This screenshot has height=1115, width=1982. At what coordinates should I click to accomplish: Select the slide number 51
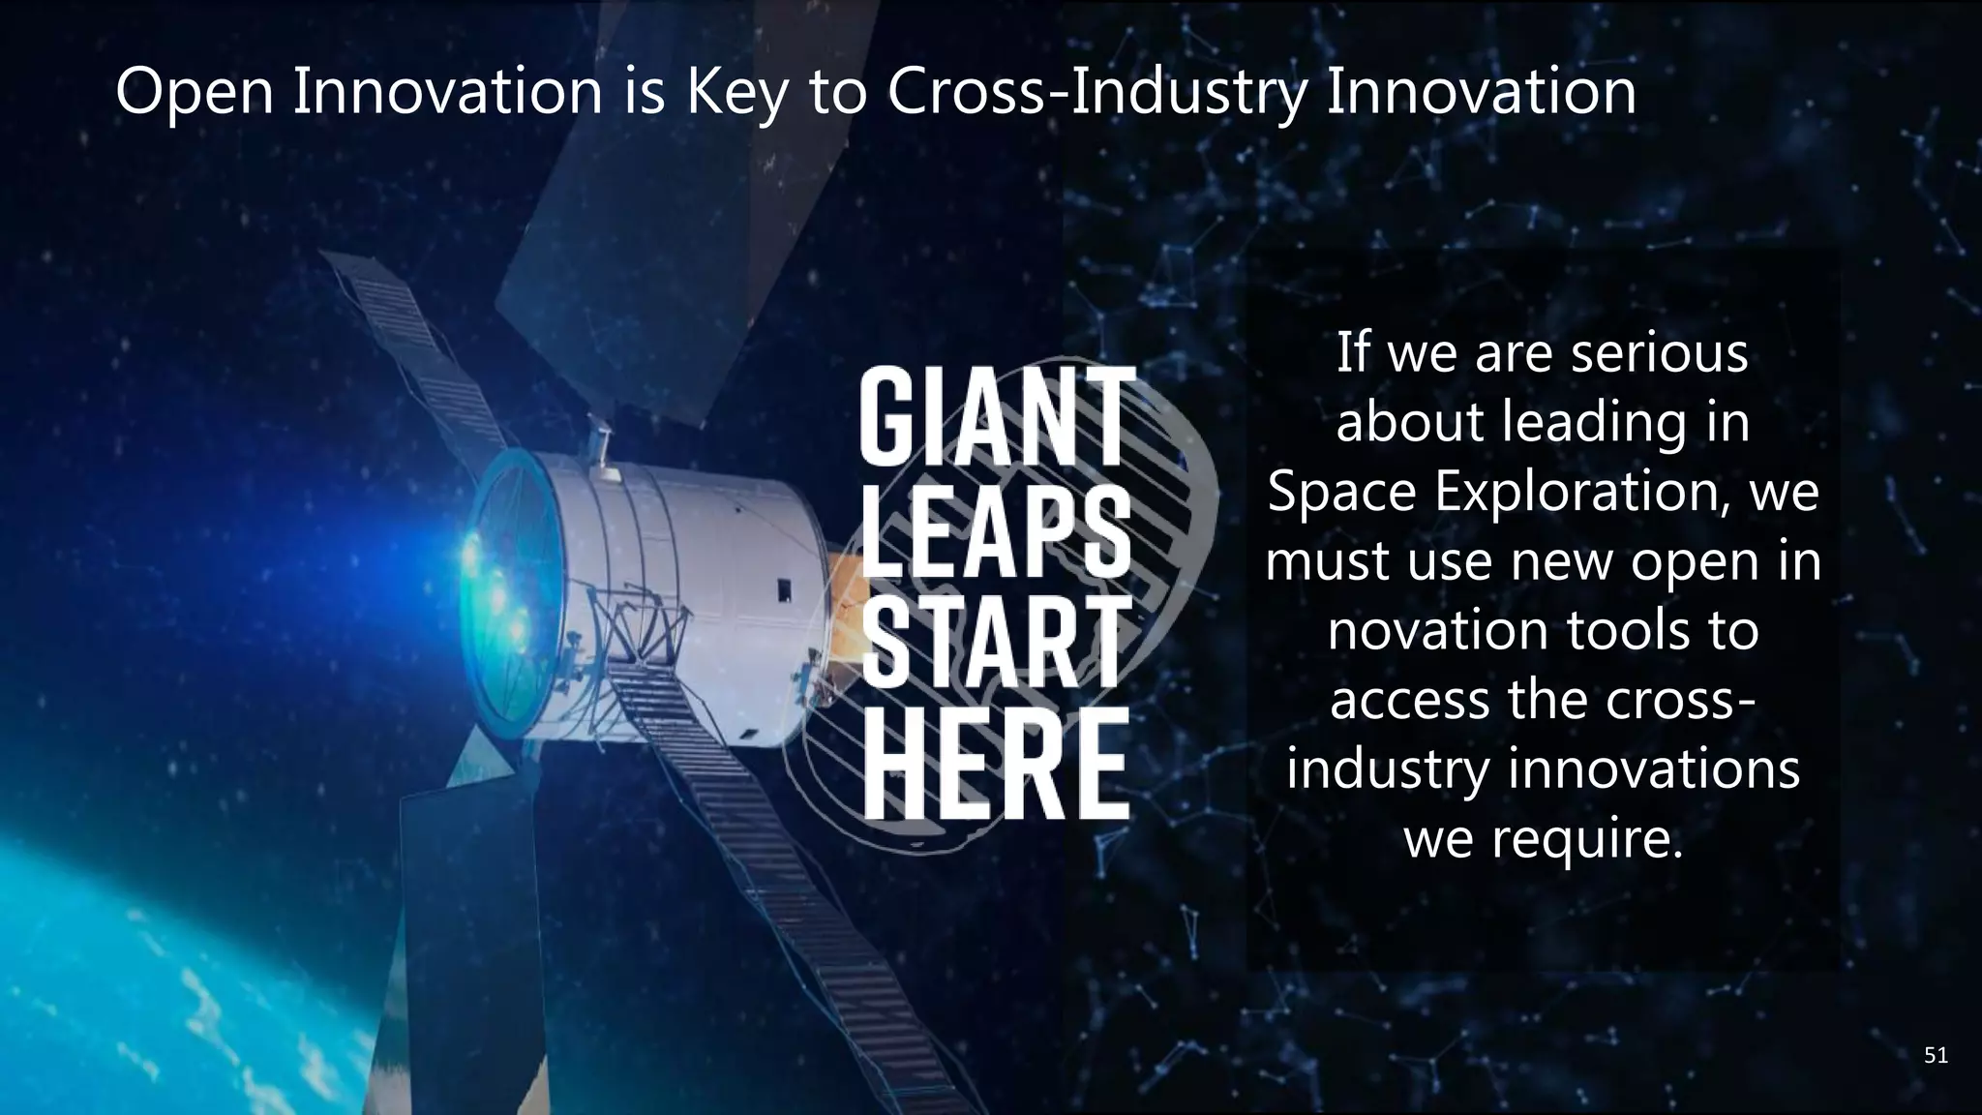point(1936,1055)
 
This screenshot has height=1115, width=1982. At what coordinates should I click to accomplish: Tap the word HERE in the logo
point(997,762)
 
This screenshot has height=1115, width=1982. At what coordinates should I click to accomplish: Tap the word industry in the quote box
point(1387,770)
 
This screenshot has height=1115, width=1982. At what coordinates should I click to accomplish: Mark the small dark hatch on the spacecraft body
point(784,588)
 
